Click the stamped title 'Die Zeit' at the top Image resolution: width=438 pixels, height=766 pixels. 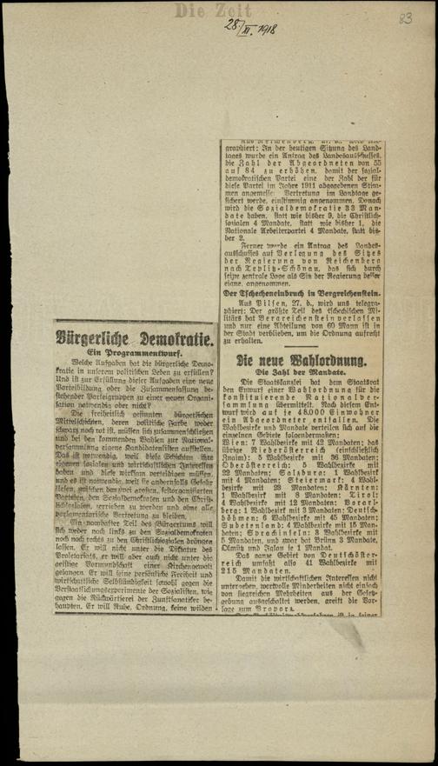pos(201,11)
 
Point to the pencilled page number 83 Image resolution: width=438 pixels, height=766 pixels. pos(406,17)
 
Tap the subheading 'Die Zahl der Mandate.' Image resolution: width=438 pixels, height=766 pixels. pos(301,372)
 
